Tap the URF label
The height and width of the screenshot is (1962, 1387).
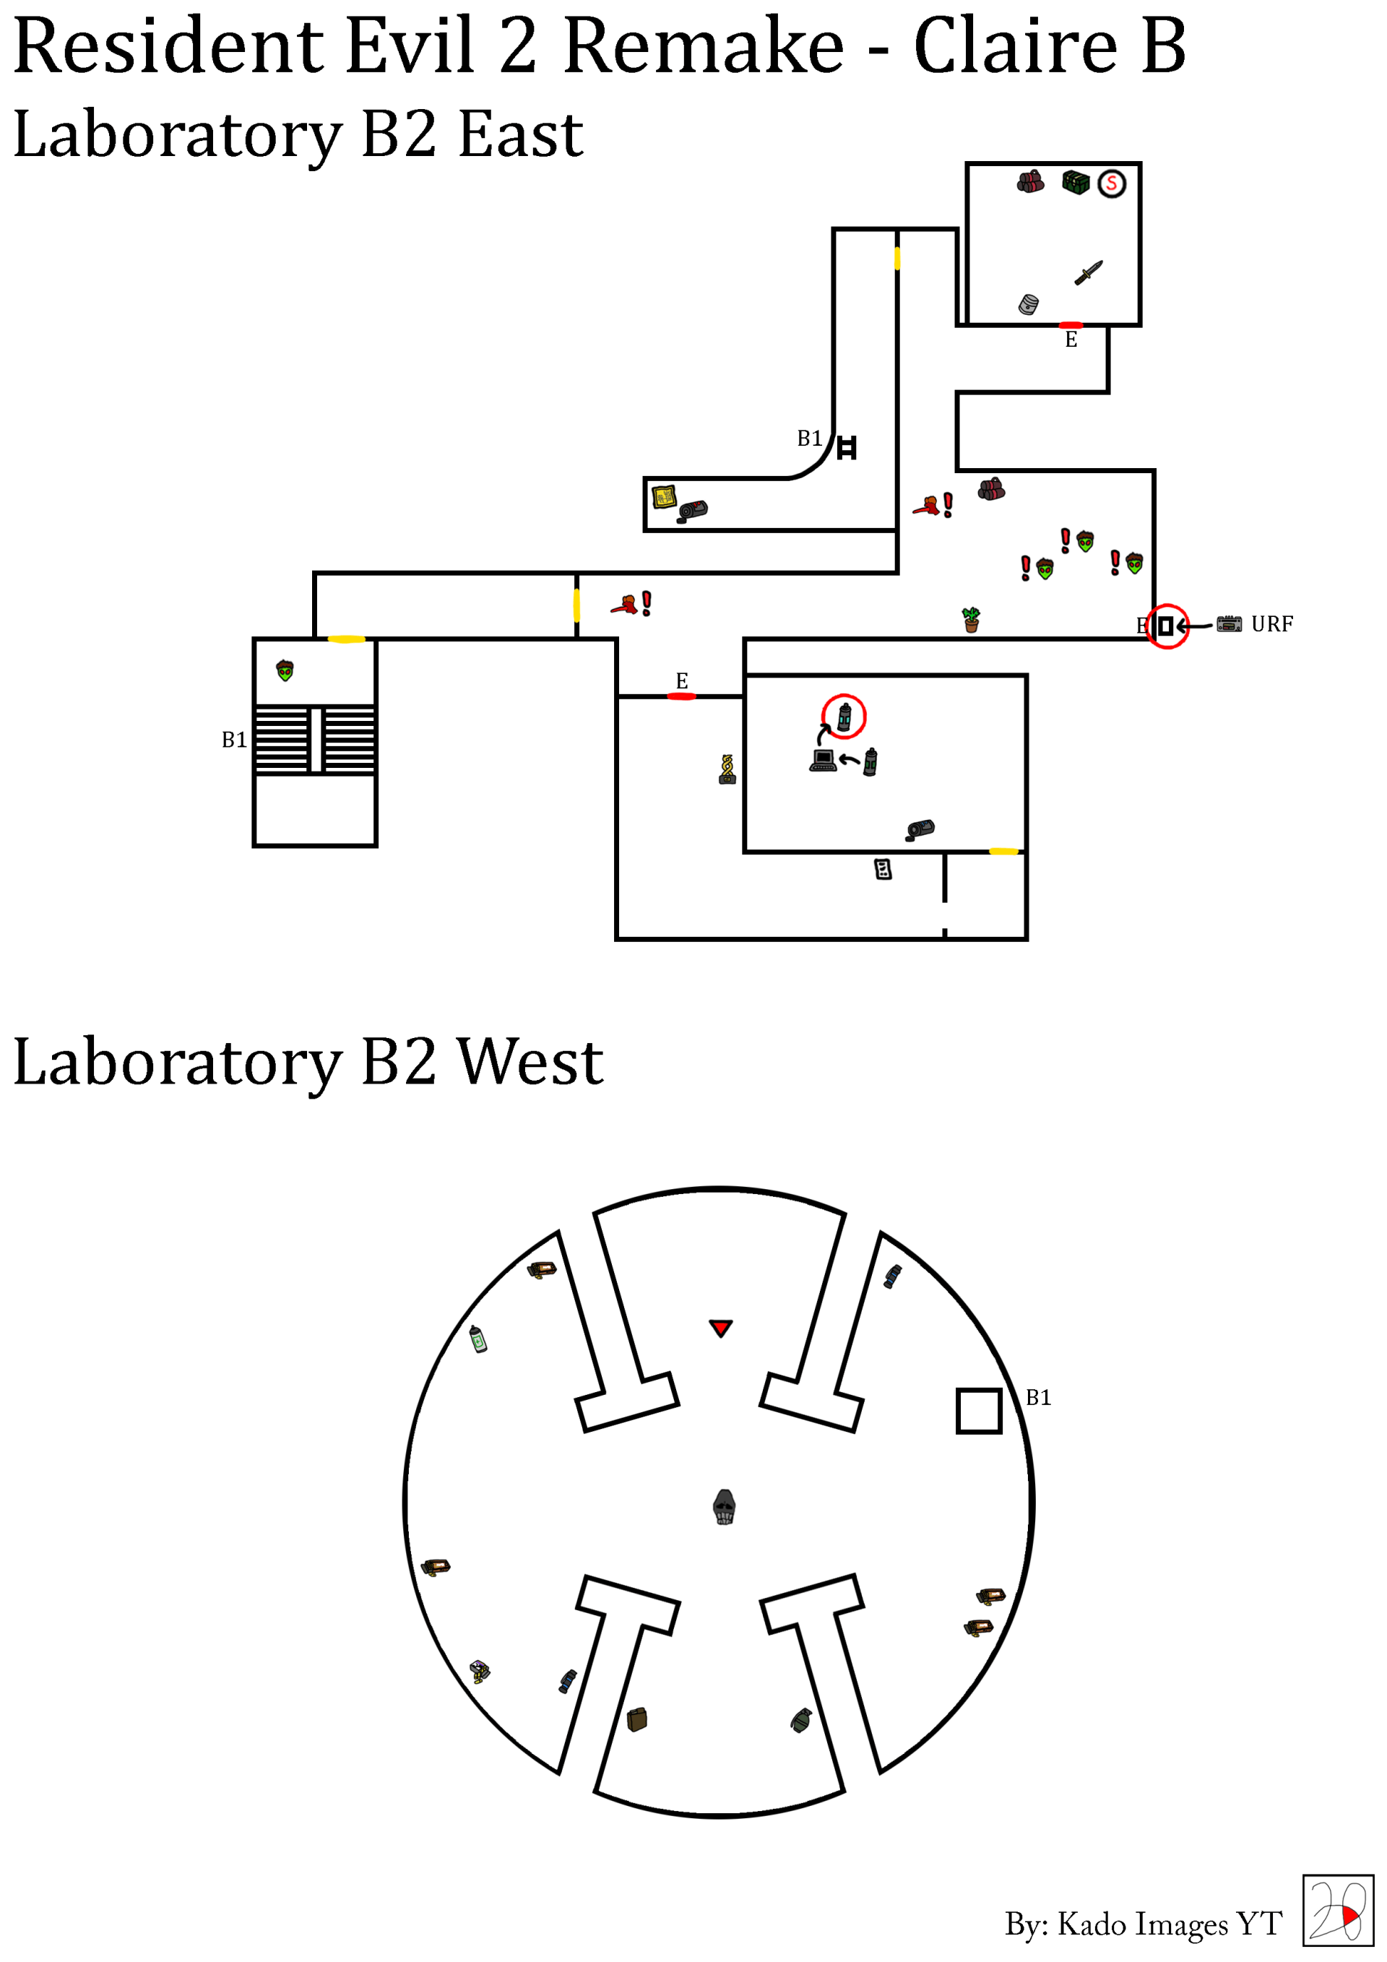click(1271, 624)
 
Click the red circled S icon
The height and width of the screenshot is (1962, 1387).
click(1111, 183)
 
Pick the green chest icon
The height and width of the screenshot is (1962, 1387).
click(1076, 182)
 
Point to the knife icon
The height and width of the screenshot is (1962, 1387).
click(1089, 272)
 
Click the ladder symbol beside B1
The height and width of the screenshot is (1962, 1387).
click(846, 448)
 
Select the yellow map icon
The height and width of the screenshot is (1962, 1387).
click(664, 496)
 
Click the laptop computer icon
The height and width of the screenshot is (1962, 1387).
click(823, 760)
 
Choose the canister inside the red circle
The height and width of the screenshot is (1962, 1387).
click(844, 717)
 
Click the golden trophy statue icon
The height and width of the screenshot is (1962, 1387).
click(727, 769)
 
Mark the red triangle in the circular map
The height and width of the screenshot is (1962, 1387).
click(720, 1328)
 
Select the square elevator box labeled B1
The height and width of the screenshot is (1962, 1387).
click(979, 1410)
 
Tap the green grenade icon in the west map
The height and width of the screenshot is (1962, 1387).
click(800, 1720)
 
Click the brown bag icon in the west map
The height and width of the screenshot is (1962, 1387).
click(636, 1719)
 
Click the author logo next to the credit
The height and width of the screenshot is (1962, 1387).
click(1337, 1910)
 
